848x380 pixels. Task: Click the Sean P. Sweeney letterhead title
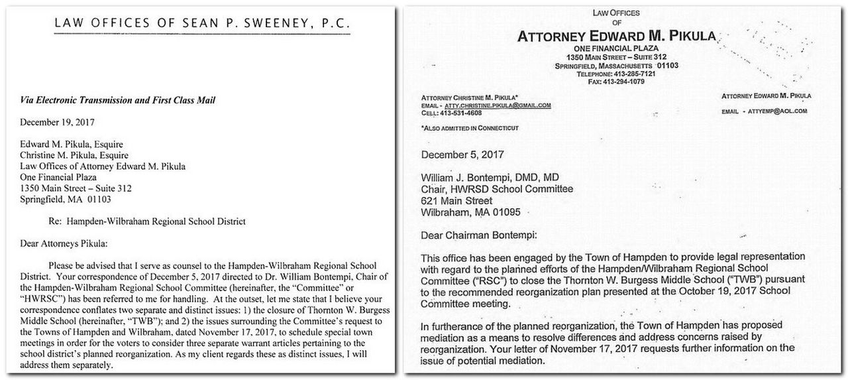(201, 25)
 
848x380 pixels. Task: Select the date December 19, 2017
(58, 122)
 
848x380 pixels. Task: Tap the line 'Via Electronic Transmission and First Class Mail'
(117, 100)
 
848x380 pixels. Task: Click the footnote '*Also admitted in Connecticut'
(470, 127)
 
